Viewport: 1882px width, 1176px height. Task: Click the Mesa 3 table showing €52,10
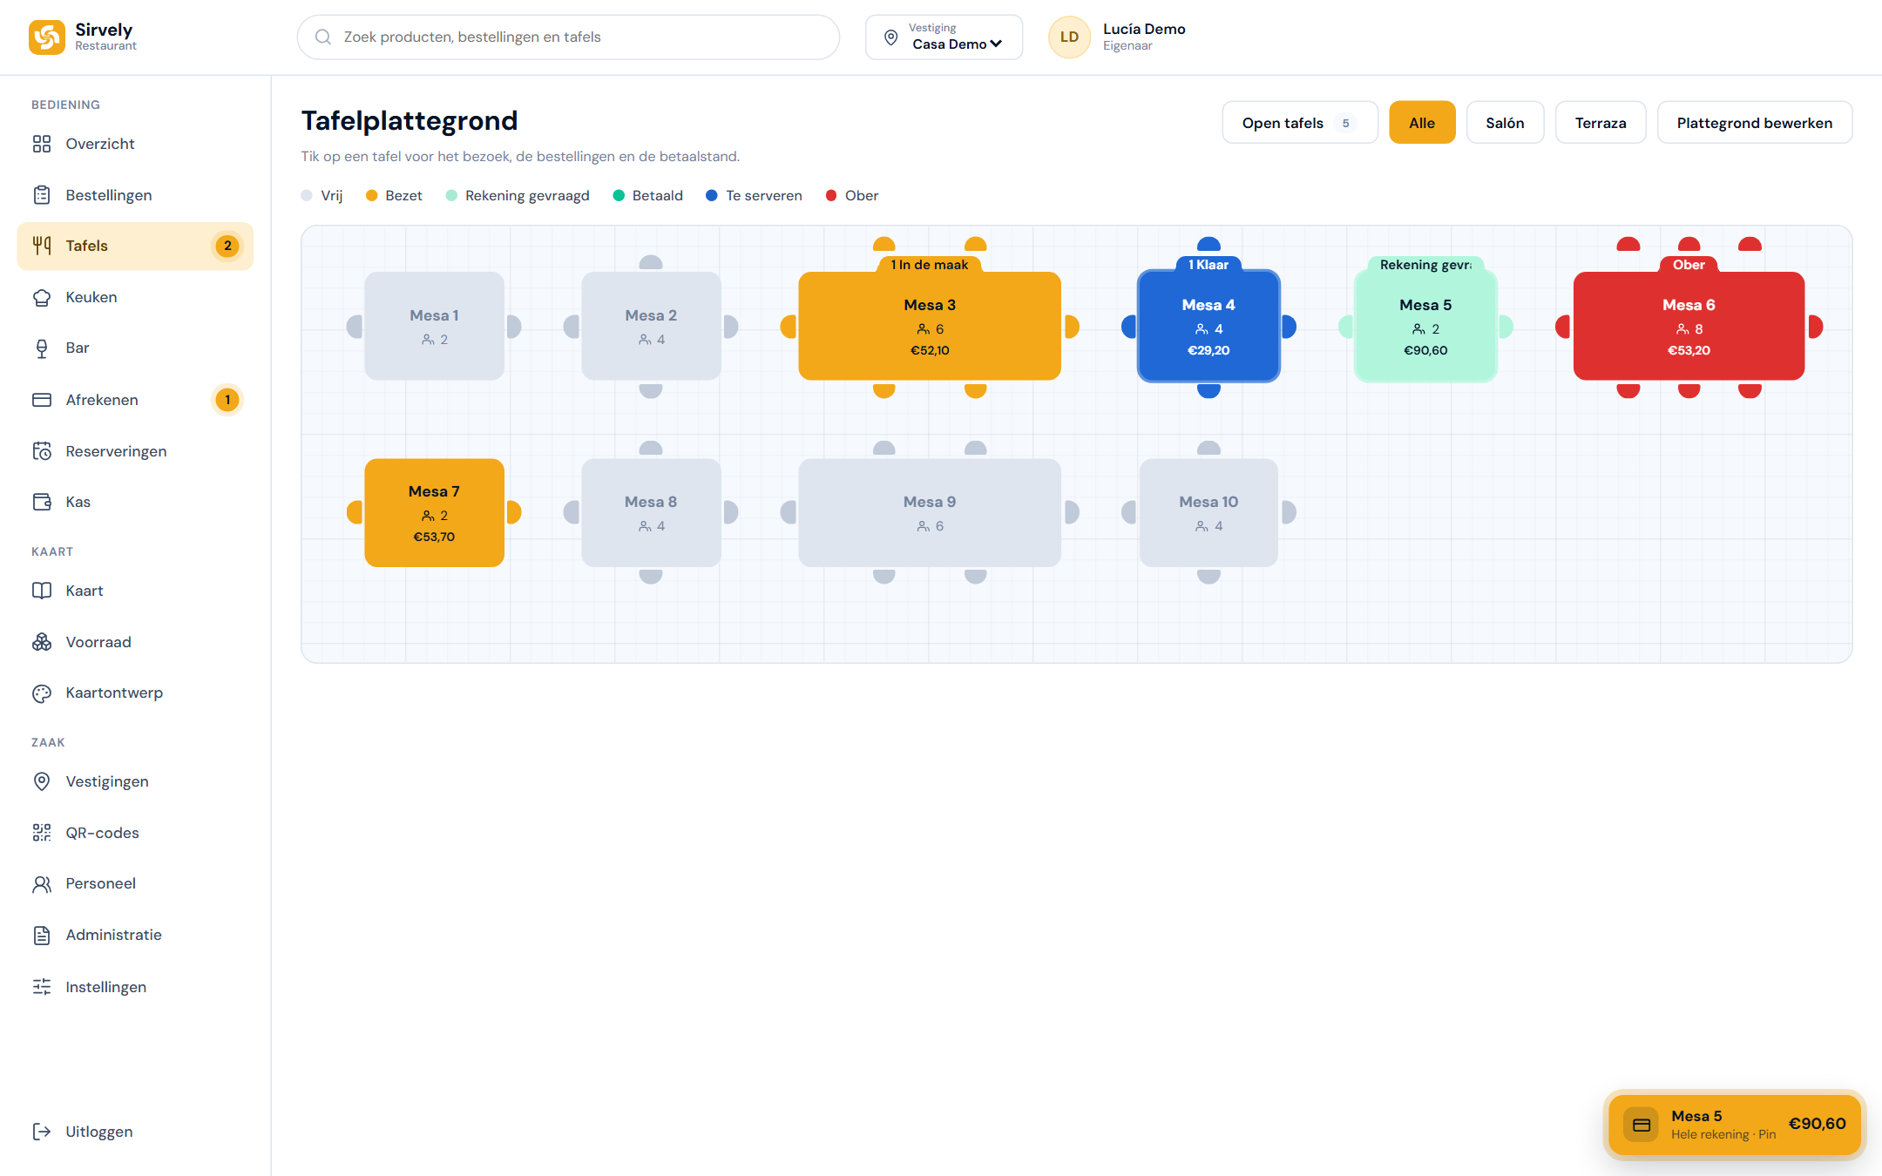(930, 326)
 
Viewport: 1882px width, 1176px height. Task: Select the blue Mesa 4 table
(1208, 326)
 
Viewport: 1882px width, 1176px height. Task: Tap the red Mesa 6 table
(1689, 326)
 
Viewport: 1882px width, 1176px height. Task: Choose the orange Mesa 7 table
(434, 513)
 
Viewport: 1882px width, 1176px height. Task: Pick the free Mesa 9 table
(930, 513)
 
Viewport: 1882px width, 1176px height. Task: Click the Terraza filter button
(1601, 123)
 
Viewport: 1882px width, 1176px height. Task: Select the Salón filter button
(1505, 123)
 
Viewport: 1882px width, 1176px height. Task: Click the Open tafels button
(1300, 123)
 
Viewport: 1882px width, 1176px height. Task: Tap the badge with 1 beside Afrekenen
(227, 400)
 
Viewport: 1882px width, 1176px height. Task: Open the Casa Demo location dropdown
(944, 37)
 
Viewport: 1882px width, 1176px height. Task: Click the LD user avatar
(1069, 37)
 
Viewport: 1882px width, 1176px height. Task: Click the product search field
(568, 37)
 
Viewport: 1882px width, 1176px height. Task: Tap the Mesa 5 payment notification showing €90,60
(1734, 1125)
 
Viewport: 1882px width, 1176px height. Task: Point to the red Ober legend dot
(831, 196)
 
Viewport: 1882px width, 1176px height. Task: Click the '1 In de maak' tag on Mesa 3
(930, 265)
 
